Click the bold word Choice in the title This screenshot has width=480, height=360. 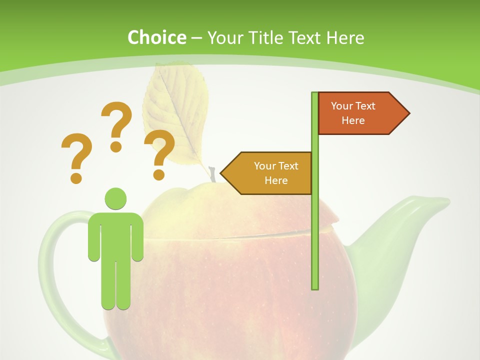(x=156, y=37)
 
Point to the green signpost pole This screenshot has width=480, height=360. (x=315, y=225)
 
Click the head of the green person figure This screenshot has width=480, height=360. (x=115, y=198)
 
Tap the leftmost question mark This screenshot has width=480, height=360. (x=76, y=152)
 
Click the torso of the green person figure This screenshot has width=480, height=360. (x=115, y=235)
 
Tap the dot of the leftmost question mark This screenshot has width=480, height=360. (x=76, y=177)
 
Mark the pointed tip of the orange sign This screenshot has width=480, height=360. (x=408, y=113)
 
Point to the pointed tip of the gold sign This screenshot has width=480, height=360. (x=221, y=173)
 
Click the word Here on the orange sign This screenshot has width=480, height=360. (x=353, y=120)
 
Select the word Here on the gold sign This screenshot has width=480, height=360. (x=276, y=180)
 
